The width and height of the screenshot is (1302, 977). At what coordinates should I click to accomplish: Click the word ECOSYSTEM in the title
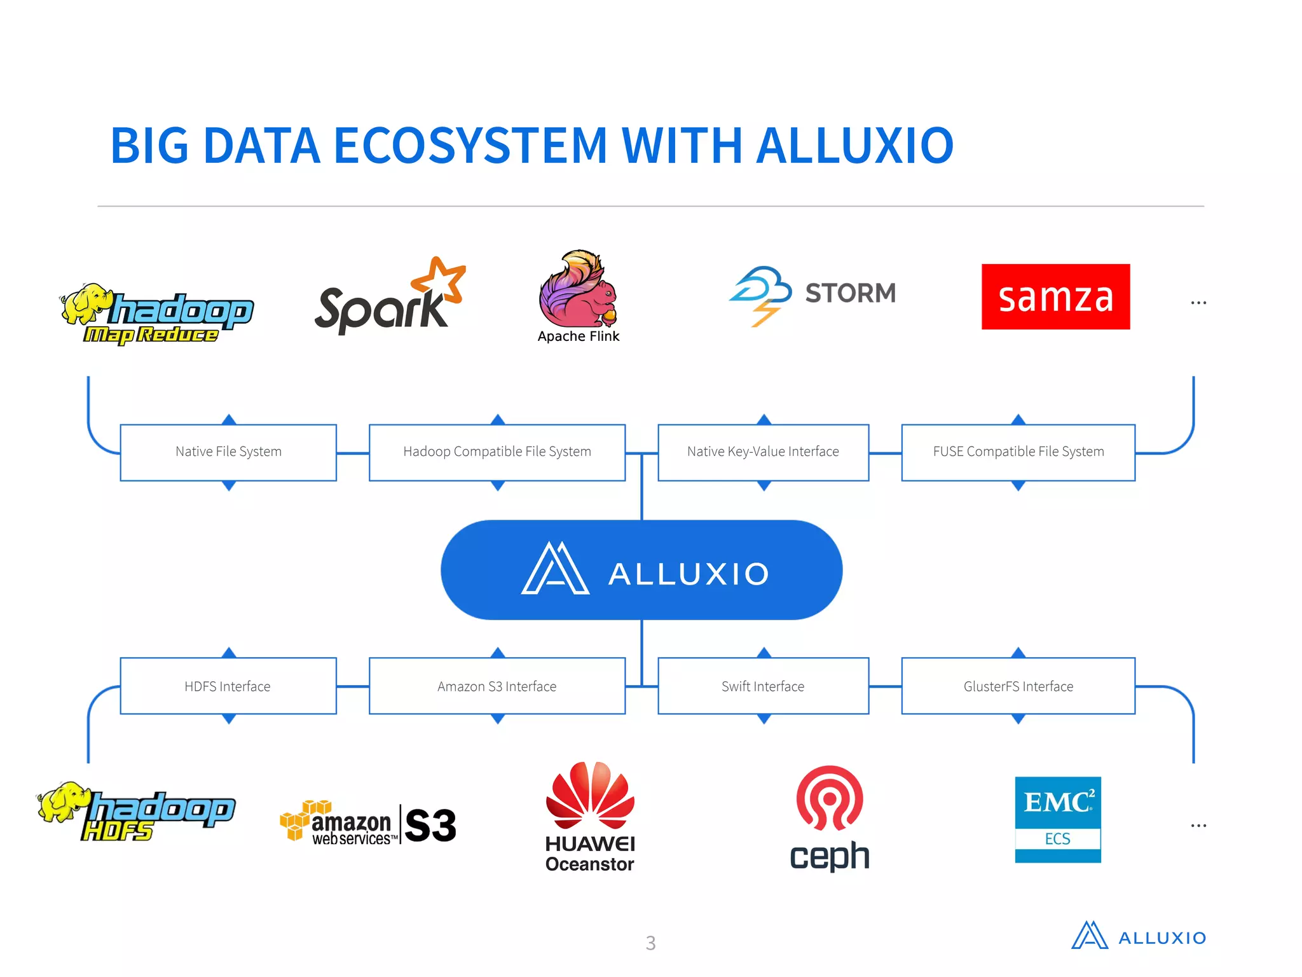click(x=470, y=145)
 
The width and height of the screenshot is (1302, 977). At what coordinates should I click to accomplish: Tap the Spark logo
click(x=388, y=297)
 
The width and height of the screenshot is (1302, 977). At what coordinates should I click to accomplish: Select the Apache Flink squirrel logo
click(x=578, y=289)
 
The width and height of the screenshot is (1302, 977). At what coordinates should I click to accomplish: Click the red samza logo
click(x=1055, y=296)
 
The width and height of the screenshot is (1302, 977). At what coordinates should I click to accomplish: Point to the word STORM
click(x=850, y=293)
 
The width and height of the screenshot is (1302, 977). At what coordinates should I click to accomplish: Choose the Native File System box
click(x=228, y=452)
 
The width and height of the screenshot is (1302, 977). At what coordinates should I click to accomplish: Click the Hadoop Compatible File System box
click(x=497, y=452)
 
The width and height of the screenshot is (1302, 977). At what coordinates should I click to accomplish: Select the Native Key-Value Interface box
click(x=763, y=452)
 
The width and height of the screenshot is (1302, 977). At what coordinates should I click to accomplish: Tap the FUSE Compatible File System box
click(x=1018, y=452)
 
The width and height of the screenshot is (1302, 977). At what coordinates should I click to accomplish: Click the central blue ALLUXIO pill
click(x=641, y=570)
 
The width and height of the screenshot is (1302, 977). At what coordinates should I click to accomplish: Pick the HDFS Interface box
click(x=228, y=686)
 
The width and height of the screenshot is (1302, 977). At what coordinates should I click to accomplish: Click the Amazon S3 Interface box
click(x=497, y=686)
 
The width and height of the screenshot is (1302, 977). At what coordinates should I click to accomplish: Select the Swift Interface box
click(x=763, y=686)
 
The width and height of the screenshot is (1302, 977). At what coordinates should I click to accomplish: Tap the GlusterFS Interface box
click(x=1018, y=686)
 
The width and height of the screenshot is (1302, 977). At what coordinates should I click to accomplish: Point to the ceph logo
click(x=830, y=817)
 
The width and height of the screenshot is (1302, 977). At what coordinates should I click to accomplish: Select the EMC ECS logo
click(x=1057, y=819)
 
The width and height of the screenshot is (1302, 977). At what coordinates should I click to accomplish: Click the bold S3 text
click(x=430, y=825)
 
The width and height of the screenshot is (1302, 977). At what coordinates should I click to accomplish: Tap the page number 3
click(x=650, y=943)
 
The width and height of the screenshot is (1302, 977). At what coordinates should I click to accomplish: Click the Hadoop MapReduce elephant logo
click(x=156, y=314)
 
